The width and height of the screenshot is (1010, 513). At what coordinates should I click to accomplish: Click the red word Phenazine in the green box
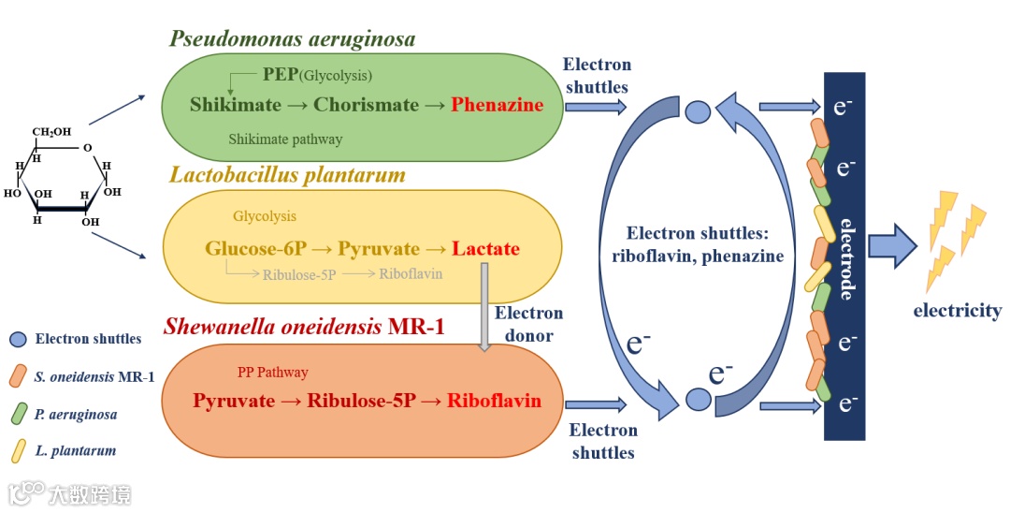509,105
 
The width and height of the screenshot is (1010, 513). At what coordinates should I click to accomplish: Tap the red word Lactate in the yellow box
485,249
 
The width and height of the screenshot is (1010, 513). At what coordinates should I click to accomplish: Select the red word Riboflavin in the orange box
494,401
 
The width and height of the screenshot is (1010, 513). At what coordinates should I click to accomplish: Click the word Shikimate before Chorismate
237,105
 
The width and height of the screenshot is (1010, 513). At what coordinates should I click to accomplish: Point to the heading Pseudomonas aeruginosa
292,39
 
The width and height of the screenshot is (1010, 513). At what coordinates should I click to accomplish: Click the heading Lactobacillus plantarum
287,175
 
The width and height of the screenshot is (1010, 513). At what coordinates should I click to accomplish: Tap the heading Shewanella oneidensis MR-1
303,327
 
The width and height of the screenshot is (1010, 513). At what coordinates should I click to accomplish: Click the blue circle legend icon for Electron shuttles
18,339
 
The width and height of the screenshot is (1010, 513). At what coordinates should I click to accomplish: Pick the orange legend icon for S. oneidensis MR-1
18,376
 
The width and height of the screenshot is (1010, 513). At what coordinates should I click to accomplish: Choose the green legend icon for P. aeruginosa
18,413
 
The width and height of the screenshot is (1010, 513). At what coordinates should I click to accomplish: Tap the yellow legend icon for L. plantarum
18,450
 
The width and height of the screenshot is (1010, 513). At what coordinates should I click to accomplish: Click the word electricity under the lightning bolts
957,311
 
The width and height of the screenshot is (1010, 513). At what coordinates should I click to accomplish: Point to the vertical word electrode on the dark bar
846,258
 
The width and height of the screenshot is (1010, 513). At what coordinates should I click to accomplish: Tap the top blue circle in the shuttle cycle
699,112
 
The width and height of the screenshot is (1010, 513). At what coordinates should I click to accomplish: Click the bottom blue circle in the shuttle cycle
699,400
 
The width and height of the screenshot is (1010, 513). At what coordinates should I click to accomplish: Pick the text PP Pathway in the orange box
272,373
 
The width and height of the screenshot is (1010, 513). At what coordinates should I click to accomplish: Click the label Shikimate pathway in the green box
285,139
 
